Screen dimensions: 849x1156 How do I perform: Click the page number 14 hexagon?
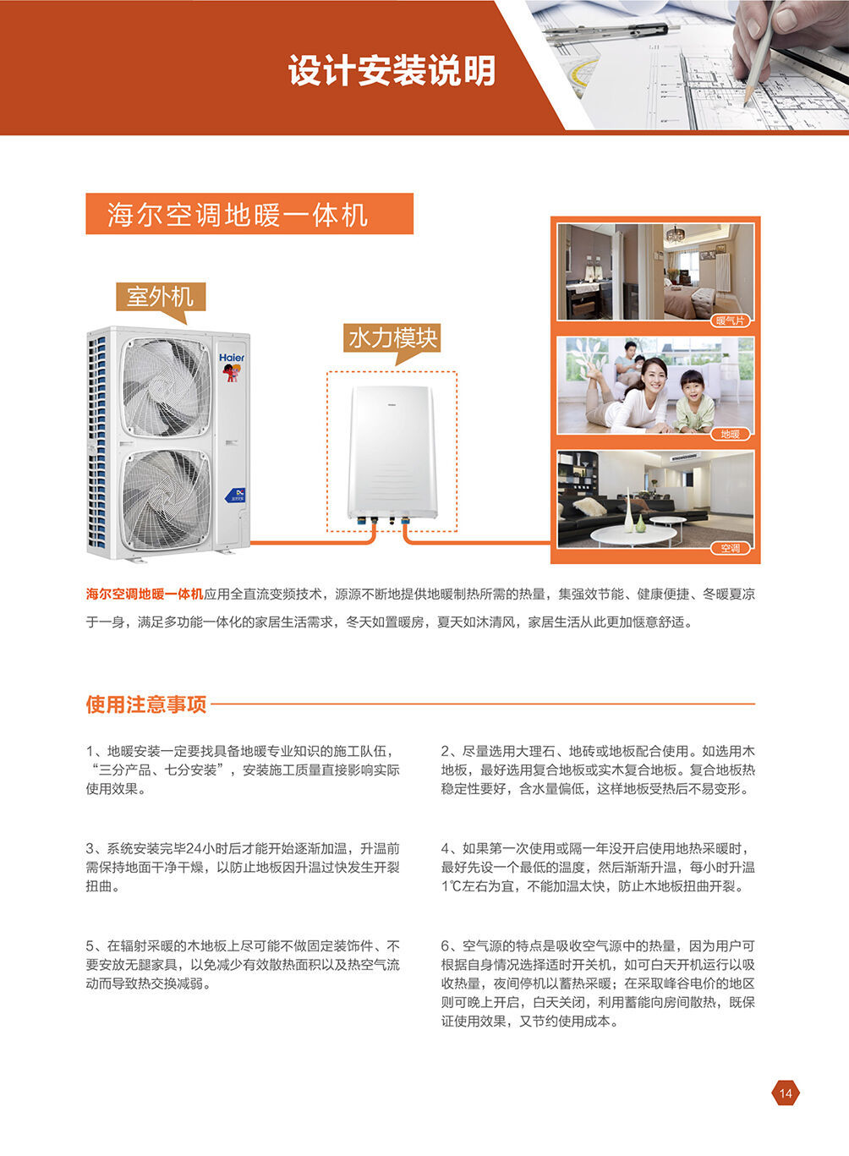[x=785, y=1093]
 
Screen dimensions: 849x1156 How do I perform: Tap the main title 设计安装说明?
[x=392, y=70]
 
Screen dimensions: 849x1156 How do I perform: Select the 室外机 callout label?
[x=161, y=298]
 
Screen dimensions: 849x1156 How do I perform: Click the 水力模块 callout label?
[x=392, y=339]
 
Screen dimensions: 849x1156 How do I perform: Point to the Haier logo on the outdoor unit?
[x=231, y=357]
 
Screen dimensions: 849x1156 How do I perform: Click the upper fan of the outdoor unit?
[x=166, y=387]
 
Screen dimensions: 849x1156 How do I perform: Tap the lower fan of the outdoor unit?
[x=166, y=500]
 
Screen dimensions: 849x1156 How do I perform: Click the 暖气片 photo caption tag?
[x=730, y=321]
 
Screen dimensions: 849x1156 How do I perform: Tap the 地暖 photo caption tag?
[x=730, y=434]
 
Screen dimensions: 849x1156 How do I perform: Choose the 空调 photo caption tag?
[x=730, y=548]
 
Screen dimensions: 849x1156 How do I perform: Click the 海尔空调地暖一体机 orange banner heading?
[x=249, y=214]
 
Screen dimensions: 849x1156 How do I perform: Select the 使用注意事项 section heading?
[x=146, y=704]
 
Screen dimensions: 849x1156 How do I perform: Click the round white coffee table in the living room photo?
[x=633, y=535]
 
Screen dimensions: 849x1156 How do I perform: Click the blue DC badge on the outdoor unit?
[x=236, y=495]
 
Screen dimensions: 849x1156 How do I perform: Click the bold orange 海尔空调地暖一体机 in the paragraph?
[x=145, y=594]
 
